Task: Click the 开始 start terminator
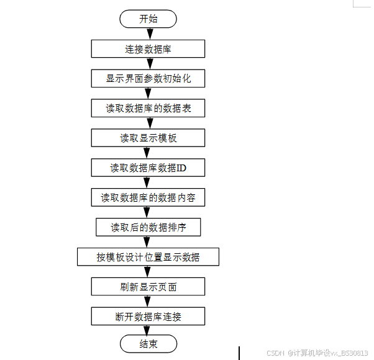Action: pyautogui.click(x=148, y=19)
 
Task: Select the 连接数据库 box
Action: pyautogui.click(x=148, y=49)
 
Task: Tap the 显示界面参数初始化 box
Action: pyautogui.click(x=148, y=79)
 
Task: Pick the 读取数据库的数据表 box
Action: pyautogui.click(x=148, y=109)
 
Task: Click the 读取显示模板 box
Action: pyautogui.click(x=148, y=138)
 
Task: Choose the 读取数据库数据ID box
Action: pyautogui.click(x=148, y=168)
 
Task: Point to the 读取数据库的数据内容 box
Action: pyautogui.click(x=148, y=197)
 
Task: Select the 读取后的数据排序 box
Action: pyautogui.click(x=148, y=227)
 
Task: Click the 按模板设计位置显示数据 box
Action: pyautogui.click(x=148, y=257)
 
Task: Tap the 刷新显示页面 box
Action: pyautogui.click(x=148, y=287)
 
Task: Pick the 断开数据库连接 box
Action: pyautogui.click(x=148, y=317)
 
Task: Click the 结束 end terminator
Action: pyautogui.click(x=148, y=344)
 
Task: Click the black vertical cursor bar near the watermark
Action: pyautogui.click(x=239, y=353)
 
